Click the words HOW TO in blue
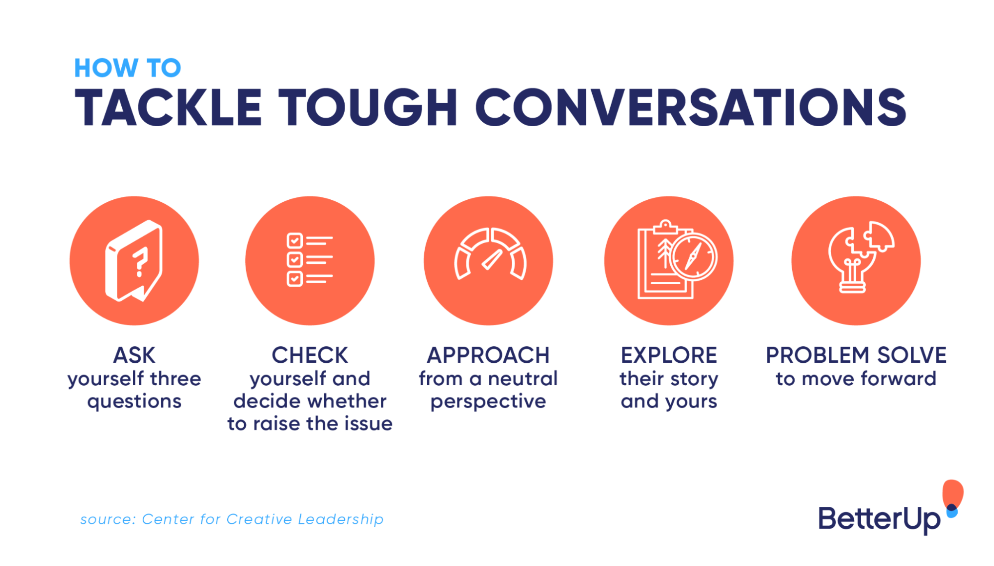coord(127,68)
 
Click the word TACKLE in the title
coord(168,107)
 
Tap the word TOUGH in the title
coord(367,107)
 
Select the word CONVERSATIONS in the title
coord(691,107)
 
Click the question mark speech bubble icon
coord(134,261)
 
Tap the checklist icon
coord(309,260)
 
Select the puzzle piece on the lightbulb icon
coord(879,237)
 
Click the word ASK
coord(134,355)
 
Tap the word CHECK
coord(310,355)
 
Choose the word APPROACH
coord(488,355)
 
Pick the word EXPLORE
coord(669,355)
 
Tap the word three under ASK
coord(176,379)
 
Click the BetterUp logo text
coord(879,519)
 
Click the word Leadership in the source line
coord(341,519)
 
